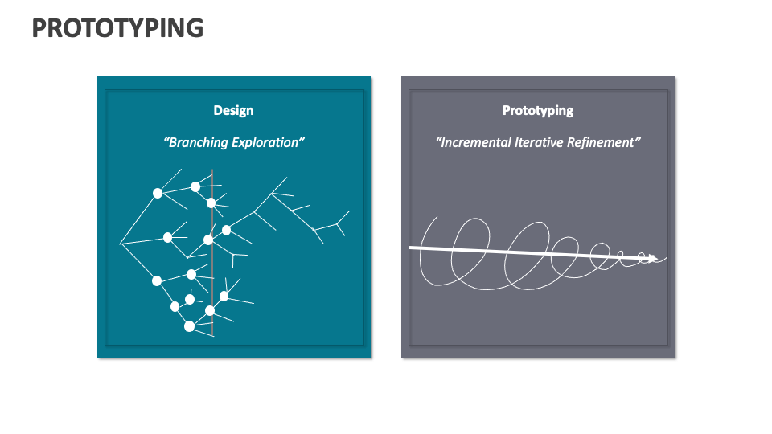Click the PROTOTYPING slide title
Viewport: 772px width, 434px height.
[117, 28]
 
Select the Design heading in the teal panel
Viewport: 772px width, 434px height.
[233, 111]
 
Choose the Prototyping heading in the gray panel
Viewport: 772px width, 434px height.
[538, 111]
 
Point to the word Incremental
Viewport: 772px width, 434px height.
[474, 143]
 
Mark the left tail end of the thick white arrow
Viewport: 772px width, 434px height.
[411, 248]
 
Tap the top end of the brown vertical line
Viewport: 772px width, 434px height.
[211, 170]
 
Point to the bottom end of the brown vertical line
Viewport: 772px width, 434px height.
[211, 334]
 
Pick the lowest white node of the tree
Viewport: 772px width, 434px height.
[189, 326]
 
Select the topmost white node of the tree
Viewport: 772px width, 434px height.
[195, 187]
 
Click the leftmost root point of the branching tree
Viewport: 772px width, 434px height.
[120, 243]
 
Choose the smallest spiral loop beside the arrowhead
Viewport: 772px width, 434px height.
[643, 258]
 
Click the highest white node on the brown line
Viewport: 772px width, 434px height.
[211, 203]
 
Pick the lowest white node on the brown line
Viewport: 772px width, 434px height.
[210, 310]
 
